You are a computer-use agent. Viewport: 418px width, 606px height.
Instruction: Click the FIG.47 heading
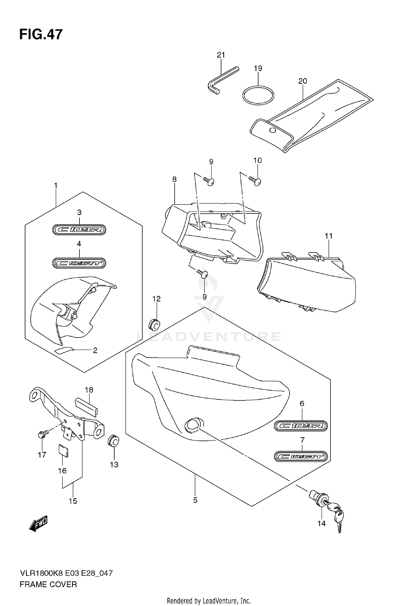point(41,35)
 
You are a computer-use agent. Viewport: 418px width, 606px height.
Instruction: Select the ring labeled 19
point(258,95)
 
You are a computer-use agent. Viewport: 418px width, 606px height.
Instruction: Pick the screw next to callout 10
point(255,181)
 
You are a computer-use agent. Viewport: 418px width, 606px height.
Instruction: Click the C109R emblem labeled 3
point(79,230)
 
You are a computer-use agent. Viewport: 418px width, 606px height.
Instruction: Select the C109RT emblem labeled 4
point(79,263)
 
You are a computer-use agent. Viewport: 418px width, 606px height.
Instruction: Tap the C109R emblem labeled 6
point(301,426)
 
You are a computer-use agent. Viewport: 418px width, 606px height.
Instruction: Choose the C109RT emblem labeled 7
point(301,456)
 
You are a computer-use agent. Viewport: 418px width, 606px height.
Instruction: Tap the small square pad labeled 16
point(63,451)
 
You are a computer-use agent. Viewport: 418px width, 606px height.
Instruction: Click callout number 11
point(329,236)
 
